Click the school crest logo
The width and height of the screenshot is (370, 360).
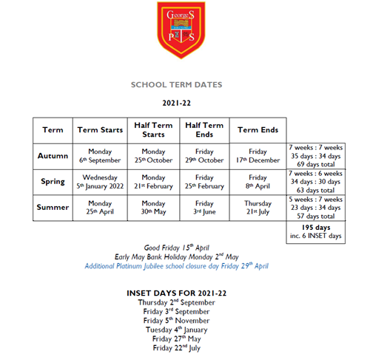[x=184, y=30]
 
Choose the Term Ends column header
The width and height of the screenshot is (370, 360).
[x=258, y=130]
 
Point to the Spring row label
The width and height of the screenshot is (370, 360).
[x=53, y=182]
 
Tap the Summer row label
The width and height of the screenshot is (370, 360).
[x=53, y=208]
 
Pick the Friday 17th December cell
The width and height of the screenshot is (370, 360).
[x=258, y=156]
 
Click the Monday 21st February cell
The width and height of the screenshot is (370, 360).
[x=153, y=182]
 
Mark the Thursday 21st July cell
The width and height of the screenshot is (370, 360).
[x=258, y=208]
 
